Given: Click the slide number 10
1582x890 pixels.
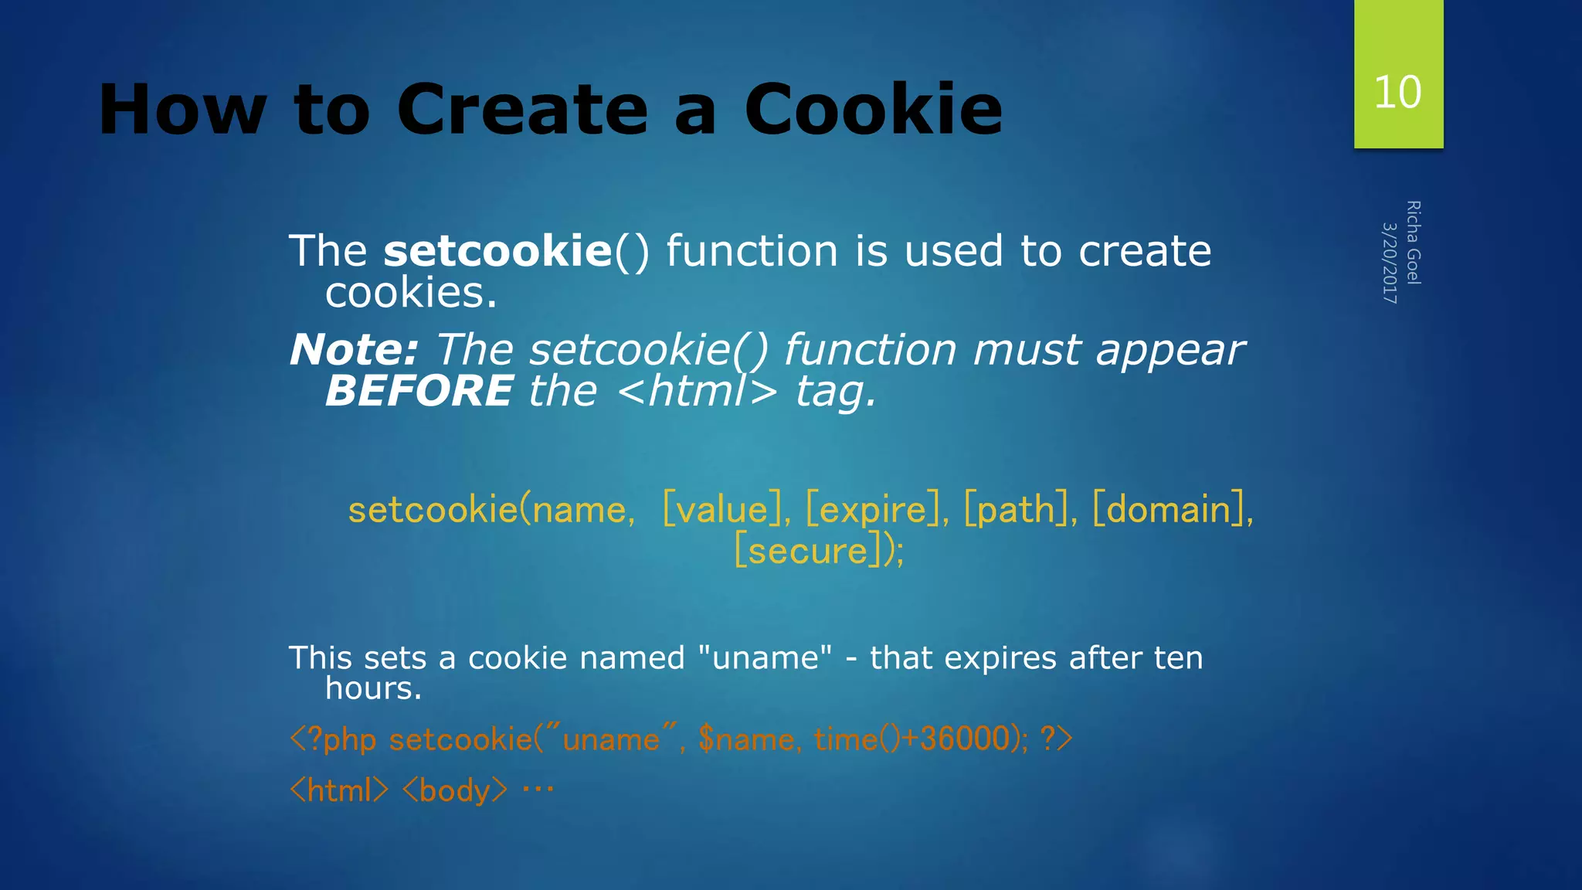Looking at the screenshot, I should pos(1397,93).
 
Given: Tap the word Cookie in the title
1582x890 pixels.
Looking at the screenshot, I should pos(873,110).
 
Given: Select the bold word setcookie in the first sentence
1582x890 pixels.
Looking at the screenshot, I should pos(498,251).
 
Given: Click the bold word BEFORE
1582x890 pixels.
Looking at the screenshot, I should pos(419,390).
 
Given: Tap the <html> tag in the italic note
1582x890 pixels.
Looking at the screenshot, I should pos(698,391).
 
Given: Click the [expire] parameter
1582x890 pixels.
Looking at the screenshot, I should pos(876,510).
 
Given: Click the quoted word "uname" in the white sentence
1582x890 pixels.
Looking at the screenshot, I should pos(765,658).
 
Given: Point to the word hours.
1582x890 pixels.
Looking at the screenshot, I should pos(373,688).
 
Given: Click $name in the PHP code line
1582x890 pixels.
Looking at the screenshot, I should pos(745,739).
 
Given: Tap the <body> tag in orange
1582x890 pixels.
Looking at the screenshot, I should pos(455,790).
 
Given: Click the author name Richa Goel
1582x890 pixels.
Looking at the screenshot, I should pos(1414,243).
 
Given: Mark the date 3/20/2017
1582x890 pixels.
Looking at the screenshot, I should pos(1389,263).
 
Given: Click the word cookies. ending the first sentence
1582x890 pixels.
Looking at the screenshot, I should pos(411,293).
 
